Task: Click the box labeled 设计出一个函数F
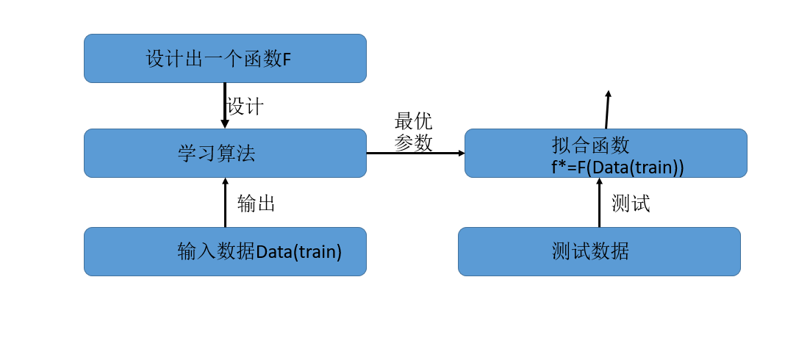pos(225,58)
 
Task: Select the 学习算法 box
pos(225,154)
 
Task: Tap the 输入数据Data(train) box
pos(225,251)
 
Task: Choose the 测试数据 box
pos(599,251)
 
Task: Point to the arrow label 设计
pos(245,107)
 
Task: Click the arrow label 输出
pos(256,204)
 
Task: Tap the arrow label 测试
pos(631,204)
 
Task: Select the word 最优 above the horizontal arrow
pos(413,121)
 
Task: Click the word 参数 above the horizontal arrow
pos(413,143)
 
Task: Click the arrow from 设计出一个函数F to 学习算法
pos(225,105)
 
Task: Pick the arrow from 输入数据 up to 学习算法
pos(225,203)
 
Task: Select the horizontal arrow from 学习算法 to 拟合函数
pos(415,153)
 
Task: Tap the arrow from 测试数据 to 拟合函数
pos(599,203)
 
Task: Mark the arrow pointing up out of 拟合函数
pos(607,109)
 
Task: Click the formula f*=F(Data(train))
pos(617,167)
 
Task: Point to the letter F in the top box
pos(287,60)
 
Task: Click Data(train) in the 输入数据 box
pos(299,252)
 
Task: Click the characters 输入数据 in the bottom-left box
pos(216,252)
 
